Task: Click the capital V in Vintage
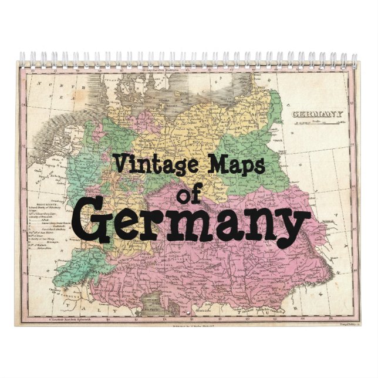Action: point(119,161)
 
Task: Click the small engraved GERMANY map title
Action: point(318,114)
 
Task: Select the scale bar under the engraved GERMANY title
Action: point(318,123)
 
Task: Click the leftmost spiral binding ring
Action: point(22,59)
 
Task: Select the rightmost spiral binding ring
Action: point(354,59)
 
